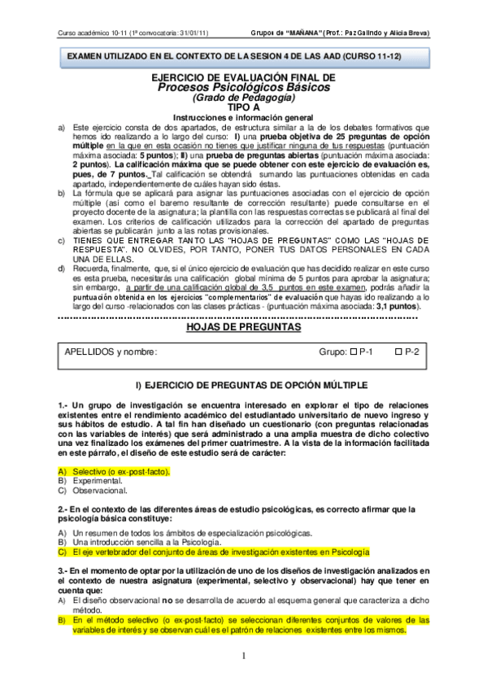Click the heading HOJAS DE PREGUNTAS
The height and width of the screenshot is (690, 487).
coord(244,327)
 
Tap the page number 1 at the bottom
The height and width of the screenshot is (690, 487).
coord(243,656)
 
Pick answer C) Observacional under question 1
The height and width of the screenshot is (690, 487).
coord(98,491)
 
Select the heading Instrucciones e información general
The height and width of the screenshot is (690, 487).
coord(244,117)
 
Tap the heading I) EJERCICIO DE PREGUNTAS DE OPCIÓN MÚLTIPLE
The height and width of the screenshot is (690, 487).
coord(244,384)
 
